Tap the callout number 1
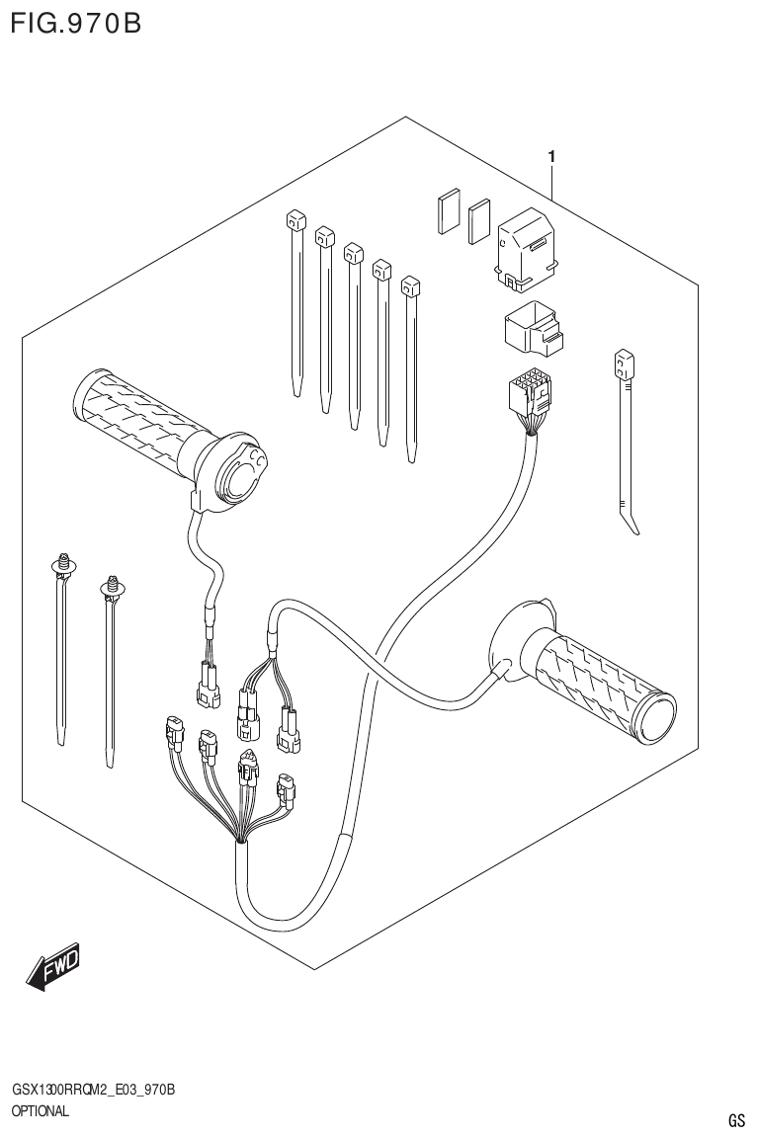click(x=551, y=156)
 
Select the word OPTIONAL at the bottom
click(x=41, y=1111)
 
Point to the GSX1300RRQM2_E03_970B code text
click(x=94, y=1090)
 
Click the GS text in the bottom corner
click(x=736, y=1120)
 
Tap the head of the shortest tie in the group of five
click(x=293, y=220)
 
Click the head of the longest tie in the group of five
click(x=411, y=287)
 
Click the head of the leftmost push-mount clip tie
click(x=65, y=566)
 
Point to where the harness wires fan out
click(x=241, y=840)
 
